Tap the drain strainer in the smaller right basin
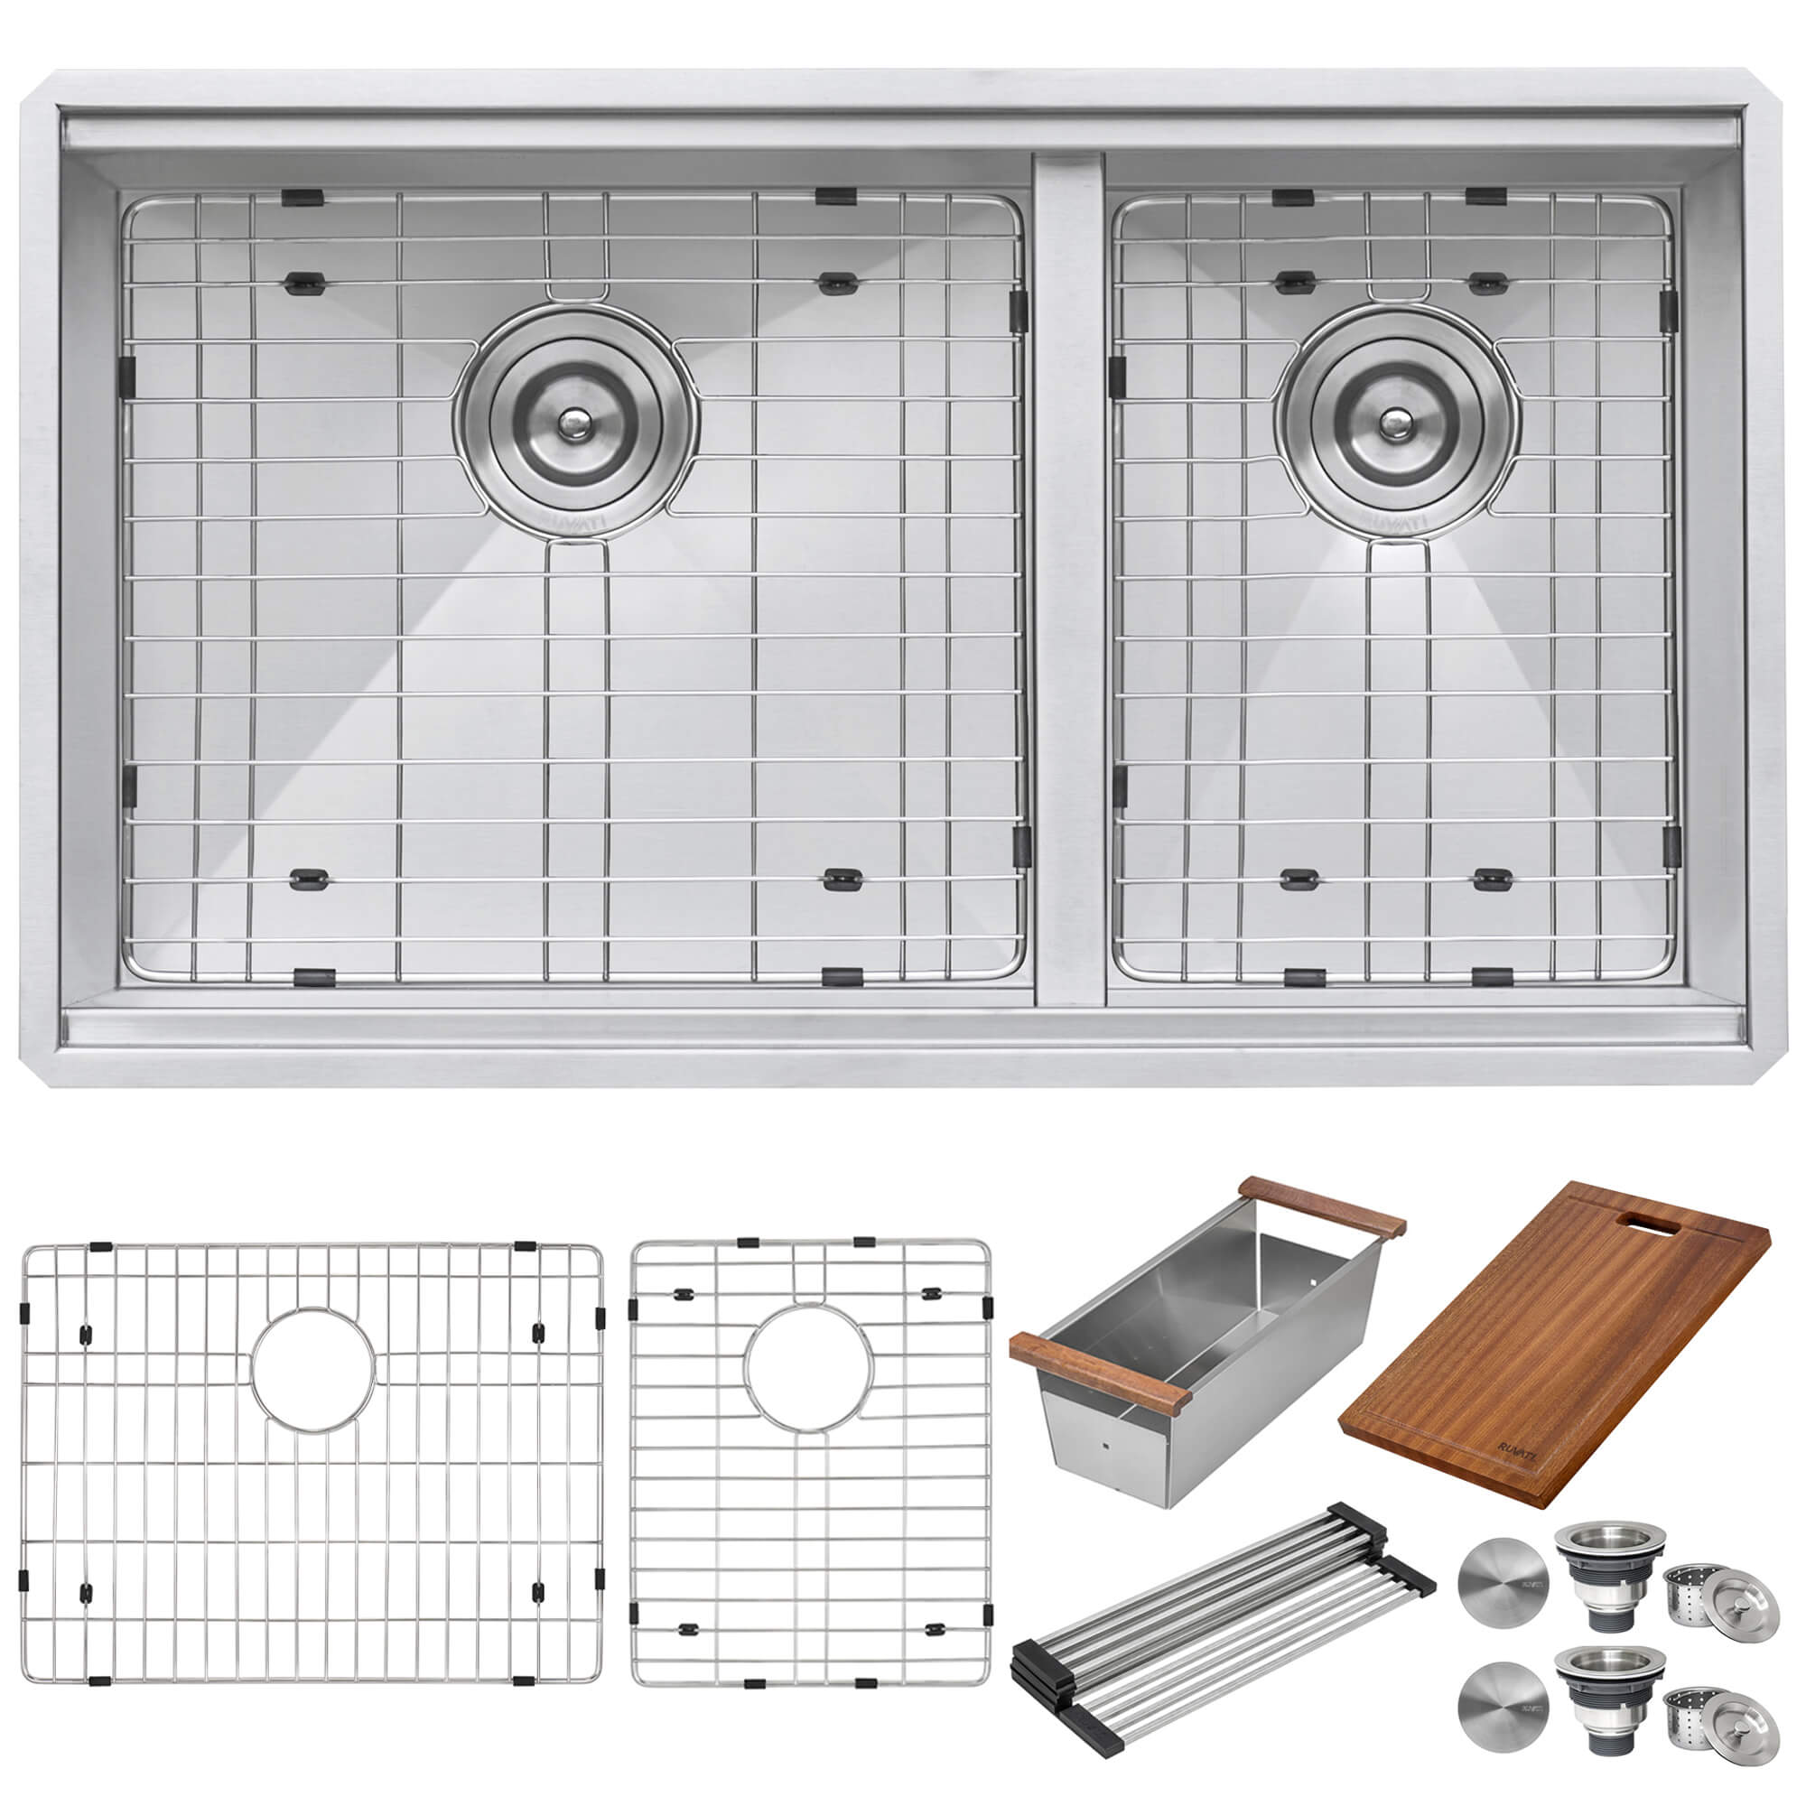pos(1397,423)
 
